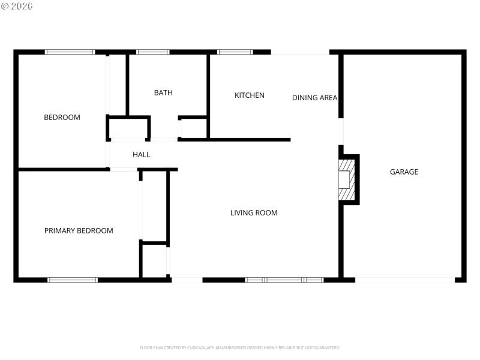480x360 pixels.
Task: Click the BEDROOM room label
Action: click(62, 118)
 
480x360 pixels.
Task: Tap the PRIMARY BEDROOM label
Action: click(79, 230)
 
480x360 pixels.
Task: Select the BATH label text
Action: click(163, 92)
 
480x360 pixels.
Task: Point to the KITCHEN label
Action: click(249, 95)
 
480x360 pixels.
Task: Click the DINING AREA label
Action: click(314, 98)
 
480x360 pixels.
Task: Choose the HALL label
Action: click(142, 155)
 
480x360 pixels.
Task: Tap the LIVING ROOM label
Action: click(254, 212)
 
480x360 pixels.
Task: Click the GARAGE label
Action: click(404, 172)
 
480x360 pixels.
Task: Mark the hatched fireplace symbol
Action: click(347, 180)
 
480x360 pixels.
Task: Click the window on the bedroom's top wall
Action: click(70, 52)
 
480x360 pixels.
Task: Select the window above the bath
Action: click(153, 52)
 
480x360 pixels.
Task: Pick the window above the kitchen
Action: click(235, 52)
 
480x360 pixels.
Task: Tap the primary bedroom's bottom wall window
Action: click(73, 280)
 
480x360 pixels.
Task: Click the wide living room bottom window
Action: click(284, 280)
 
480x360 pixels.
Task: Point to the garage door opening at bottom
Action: click(405, 280)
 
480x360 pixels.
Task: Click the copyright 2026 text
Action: click(17, 6)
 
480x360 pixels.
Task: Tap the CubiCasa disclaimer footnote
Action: click(240, 347)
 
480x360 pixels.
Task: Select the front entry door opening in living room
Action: click(187, 280)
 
